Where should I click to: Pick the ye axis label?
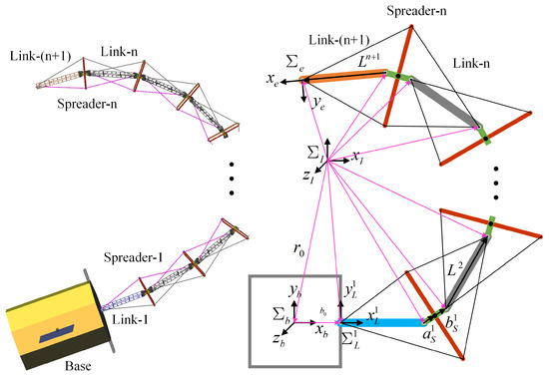coord(320,101)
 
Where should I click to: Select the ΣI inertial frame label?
coord(313,150)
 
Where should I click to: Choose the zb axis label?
coord(261,338)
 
